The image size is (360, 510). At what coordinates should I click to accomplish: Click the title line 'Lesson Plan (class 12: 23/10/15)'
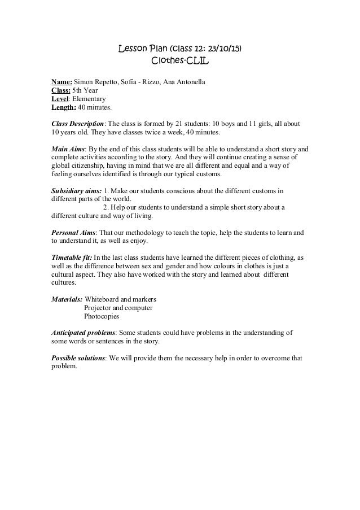pyautogui.click(x=180, y=49)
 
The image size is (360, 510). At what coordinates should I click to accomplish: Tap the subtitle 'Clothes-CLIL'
pyautogui.click(x=180, y=60)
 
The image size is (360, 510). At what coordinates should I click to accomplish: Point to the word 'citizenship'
pyautogui.click(x=91, y=166)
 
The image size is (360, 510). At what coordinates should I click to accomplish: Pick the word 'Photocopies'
pyautogui.click(x=102, y=316)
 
